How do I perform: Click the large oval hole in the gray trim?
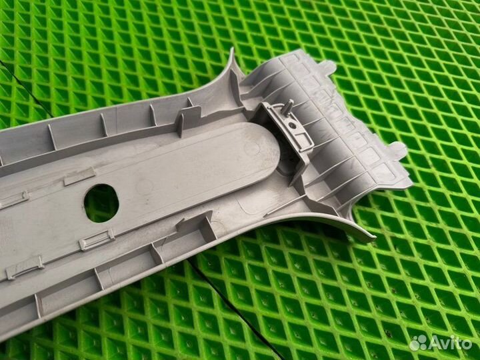point(101,203)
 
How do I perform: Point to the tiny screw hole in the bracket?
point(293,125)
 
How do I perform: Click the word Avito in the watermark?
point(450,343)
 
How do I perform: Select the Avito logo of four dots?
point(419,343)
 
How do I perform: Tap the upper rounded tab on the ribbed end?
point(328,66)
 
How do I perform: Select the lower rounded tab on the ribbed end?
point(399,149)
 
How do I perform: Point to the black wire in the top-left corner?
point(25,88)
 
